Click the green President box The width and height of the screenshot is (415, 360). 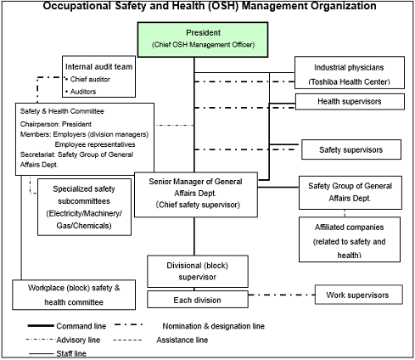pos(203,40)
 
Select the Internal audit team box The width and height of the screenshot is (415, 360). pos(98,76)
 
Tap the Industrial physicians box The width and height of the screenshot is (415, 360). pos(350,73)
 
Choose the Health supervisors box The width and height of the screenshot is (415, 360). pos(350,102)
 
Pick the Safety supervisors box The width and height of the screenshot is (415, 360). pos(351,149)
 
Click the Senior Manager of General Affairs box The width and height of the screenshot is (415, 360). pos(196,194)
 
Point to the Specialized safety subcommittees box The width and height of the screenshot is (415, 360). pos(84,207)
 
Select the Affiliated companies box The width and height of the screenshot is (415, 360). pos(350,239)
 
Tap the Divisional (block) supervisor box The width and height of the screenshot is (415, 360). pos(198,271)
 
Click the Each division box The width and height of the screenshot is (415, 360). pos(198,300)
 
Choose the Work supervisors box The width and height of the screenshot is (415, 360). pos(358,295)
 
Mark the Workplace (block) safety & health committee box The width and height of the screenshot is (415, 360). pos(74,295)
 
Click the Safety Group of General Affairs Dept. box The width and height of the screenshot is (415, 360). pos(351,193)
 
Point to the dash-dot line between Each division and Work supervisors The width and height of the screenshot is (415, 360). pos(282,295)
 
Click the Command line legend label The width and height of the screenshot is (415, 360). pos(81,326)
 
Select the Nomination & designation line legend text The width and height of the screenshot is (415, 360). pos(213,326)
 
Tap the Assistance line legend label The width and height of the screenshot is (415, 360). pos(182,340)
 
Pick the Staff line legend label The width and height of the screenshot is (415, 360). pos(71,353)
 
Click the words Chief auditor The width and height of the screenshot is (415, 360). pos(90,79)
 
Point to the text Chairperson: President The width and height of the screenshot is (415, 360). pos(56,124)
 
